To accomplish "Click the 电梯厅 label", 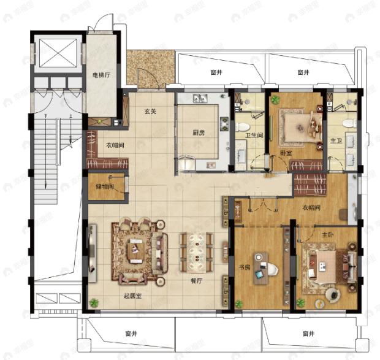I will click(101, 77).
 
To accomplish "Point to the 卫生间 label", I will click(254, 136).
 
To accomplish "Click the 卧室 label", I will click(286, 153).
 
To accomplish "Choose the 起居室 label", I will click(133, 296).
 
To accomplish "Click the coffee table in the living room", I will click(137, 250).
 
